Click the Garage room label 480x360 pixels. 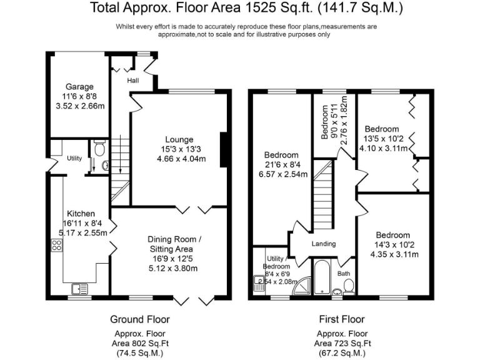pyautogui.click(x=79, y=87)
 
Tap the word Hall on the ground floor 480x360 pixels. pyautogui.click(x=133, y=81)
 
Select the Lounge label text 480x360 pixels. pyautogui.click(x=179, y=139)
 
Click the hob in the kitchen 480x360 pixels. pyautogui.click(x=57, y=245)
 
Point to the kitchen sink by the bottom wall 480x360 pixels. pyautogui.click(x=79, y=289)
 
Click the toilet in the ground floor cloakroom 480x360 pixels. pyautogui.click(x=99, y=148)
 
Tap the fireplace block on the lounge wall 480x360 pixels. pyautogui.click(x=224, y=150)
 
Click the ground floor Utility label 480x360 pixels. pyautogui.click(x=74, y=158)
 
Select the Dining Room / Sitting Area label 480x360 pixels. pyautogui.click(x=174, y=244)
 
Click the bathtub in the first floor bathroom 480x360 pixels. pyautogui.click(x=321, y=277)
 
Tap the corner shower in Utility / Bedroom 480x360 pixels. pyautogui.click(x=302, y=286)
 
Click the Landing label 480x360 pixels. pyautogui.click(x=324, y=244)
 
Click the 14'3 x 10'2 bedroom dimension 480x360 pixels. pyautogui.click(x=394, y=245)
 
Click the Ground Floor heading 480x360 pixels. pyautogui.click(x=140, y=319)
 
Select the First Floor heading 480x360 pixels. pyautogui.click(x=342, y=319)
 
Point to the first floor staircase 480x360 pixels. pyautogui.click(x=322, y=195)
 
